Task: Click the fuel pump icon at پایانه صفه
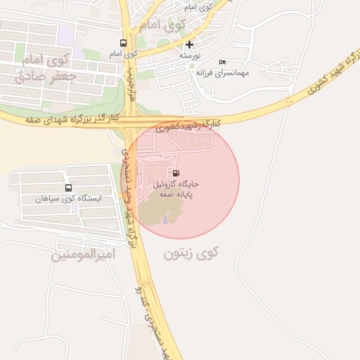[x=174, y=172]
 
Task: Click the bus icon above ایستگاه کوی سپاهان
[x=68, y=188]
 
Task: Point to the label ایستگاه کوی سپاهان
[x=68, y=199]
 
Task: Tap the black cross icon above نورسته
[x=189, y=44]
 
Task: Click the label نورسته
[x=190, y=55]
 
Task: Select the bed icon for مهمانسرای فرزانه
[x=222, y=62]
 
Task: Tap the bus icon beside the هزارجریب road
[x=124, y=43]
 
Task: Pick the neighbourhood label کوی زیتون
[x=192, y=253]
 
